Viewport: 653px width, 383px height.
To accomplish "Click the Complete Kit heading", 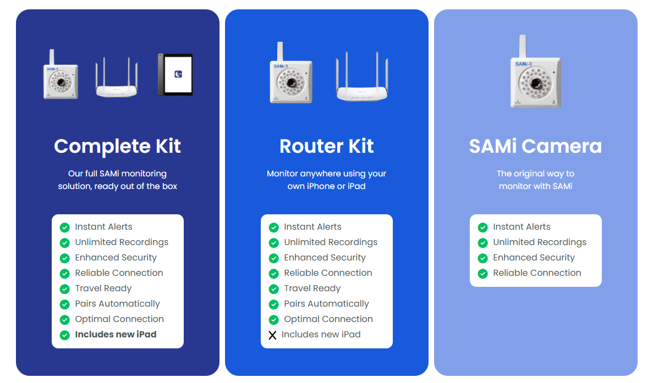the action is pyautogui.click(x=117, y=146).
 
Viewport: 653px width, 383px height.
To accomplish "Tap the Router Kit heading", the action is pyautogui.click(x=326, y=146).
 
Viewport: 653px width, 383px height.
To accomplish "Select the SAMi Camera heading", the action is pyautogui.click(x=535, y=146).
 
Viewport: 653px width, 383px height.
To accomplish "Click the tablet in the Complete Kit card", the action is pyautogui.click(x=175, y=75).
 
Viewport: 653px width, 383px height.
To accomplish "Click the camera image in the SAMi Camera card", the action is pyautogui.click(x=535, y=77).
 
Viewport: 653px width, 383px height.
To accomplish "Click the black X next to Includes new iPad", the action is pyautogui.click(x=272, y=335).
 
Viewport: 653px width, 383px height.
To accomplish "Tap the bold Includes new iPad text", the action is pyautogui.click(x=116, y=334).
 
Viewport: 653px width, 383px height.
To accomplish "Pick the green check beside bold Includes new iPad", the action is pyautogui.click(x=65, y=335).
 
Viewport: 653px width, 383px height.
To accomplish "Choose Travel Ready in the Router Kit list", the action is pyautogui.click(x=312, y=288).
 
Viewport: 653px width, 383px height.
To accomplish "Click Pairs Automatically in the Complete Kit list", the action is pyautogui.click(x=117, y=303).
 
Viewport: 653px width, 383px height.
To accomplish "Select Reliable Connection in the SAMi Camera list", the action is pyautogui.click(x=537, y=273).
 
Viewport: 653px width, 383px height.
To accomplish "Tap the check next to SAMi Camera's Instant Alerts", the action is pyautogui.click(x=483, y=227).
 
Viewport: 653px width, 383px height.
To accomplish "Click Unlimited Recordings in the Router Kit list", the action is pyautogui.click(x=331, y=242).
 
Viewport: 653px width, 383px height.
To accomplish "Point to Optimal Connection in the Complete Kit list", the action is pyautogui.click(x=119, y=319).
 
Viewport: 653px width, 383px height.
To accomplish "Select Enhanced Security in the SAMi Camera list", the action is pyautogui.click(x=534, y=257).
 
